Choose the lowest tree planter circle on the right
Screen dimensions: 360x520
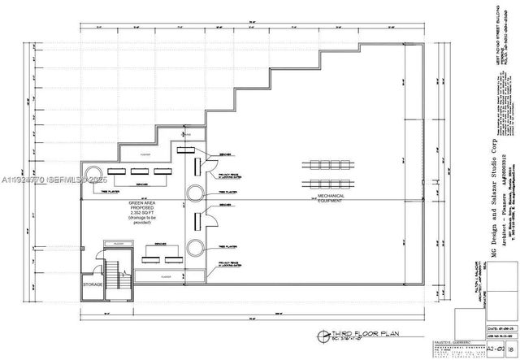point(196,247)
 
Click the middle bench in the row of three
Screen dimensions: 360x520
point(138,172)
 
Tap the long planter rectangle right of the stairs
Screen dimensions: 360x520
point(166,276)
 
